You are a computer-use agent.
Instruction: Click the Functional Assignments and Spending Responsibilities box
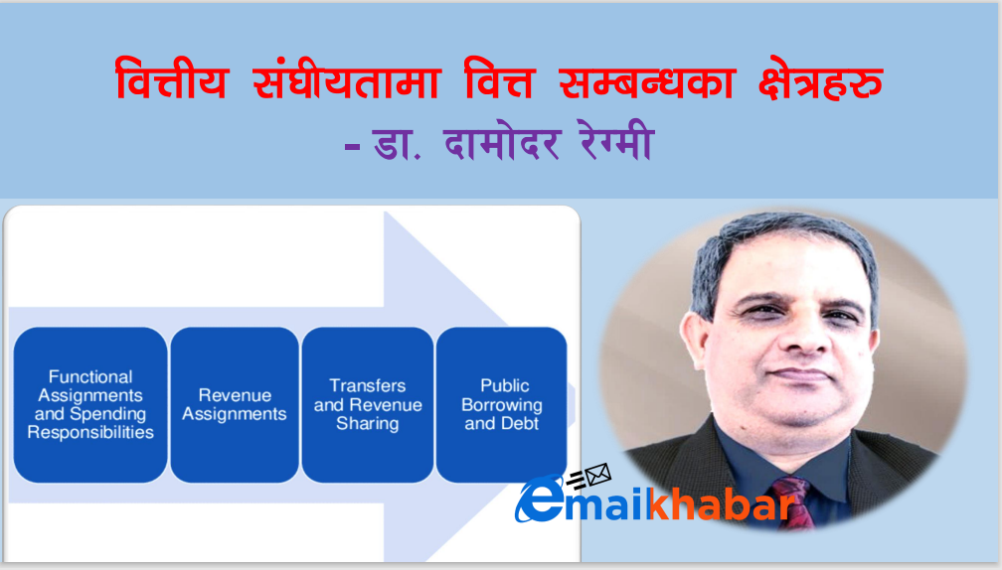point(90,405)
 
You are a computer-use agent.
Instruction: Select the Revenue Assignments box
point(235,405)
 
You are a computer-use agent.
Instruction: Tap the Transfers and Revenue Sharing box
point(368,405)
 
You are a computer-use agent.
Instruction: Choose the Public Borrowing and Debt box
point(502,405)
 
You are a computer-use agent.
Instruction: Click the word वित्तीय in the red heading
point(171,79)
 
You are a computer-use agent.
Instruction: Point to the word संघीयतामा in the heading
point(347,79)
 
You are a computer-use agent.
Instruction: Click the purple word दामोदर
point(502,142)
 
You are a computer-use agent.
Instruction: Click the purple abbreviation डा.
point(397,143)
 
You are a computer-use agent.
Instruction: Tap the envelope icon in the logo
point(597,475)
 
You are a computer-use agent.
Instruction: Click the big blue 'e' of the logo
point(540,499)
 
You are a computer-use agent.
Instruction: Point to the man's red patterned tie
point(794,501)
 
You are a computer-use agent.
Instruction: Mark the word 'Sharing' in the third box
point(368,424)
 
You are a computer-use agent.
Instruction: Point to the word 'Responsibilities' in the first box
point(90,433)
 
